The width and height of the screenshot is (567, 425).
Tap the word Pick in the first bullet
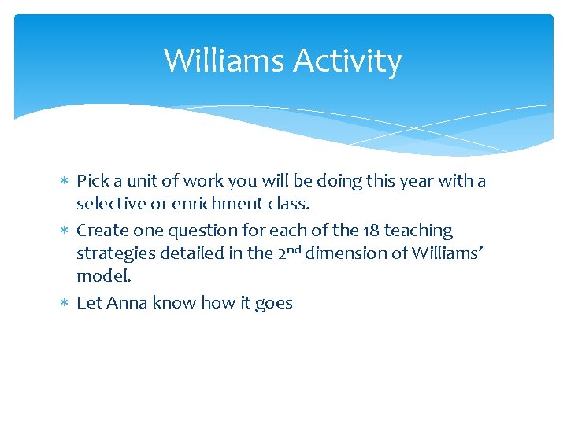pos(93,181)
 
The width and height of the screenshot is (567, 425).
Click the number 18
pos(371,231)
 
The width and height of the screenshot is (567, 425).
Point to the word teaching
pos(419,231)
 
